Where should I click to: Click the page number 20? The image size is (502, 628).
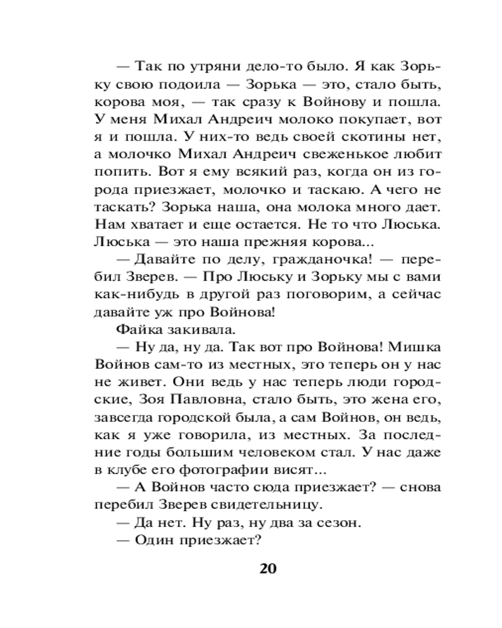[267, 569]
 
